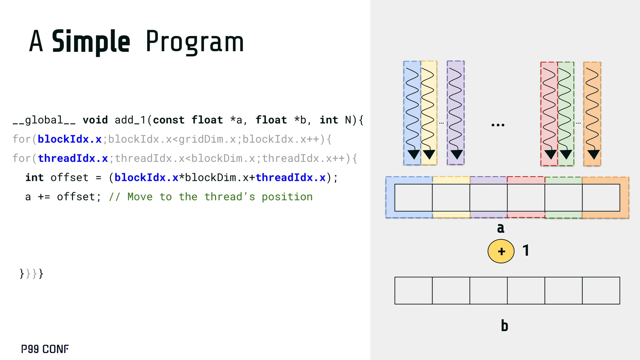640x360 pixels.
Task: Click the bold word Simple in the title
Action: tap(91, 42)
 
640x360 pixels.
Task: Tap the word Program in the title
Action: tap(194, 42)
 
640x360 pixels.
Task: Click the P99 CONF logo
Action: tap(45, 349)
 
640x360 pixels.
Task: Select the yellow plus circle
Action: tap(501, 251)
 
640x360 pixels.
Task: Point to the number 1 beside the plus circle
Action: tap(526, 251)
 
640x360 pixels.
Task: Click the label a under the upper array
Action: tap(501, 228)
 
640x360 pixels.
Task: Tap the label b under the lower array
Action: tap(504, 326)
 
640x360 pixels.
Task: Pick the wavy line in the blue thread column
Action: tap(412, 109)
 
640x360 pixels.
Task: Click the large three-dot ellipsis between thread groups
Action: tap(498, 125)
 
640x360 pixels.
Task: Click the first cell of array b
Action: tap(413, 291)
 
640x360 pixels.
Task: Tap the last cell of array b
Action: tap(601, 291)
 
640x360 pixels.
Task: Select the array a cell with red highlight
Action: tap(526, 197)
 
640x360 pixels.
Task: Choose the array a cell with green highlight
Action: tap(563, 197)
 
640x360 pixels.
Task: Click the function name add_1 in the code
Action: tap(130, 120)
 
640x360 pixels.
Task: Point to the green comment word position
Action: tap(287, 197)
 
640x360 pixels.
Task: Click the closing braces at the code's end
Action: tap(31, 274)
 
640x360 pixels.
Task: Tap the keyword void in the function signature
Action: tap(95, 120)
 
